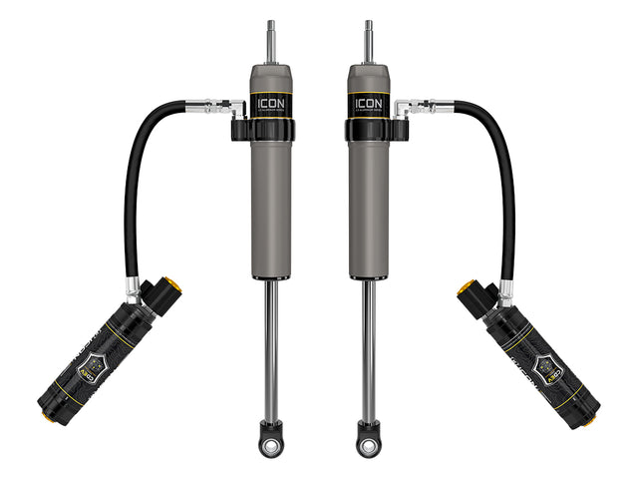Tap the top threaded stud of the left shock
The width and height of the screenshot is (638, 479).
270,40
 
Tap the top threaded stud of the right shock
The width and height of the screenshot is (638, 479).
367,40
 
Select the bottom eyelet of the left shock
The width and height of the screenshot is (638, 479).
271,440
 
